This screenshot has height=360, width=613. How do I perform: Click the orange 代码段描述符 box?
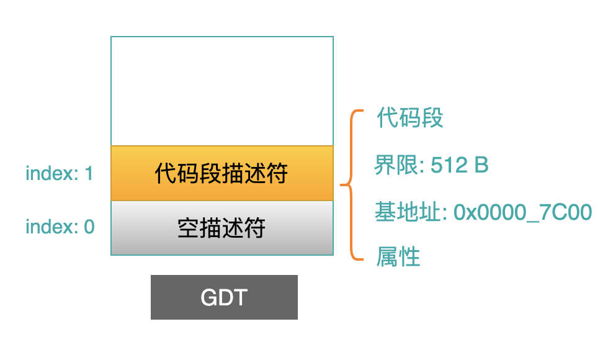[222, 173]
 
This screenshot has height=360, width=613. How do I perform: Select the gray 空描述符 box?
[222, 228]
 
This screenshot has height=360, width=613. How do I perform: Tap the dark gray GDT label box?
[224, 297]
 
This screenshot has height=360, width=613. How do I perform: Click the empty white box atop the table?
[222, 91]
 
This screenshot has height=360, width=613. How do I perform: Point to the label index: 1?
[60, 173]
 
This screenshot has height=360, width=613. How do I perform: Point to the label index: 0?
[60, 227]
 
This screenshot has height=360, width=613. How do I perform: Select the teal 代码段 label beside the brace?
[409, 117]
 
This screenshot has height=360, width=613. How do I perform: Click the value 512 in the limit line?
[449, 165]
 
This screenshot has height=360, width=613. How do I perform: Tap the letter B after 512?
[481, 165]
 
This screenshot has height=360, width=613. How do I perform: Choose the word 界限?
[396, 164]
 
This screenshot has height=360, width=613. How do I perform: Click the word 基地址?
[408, 212]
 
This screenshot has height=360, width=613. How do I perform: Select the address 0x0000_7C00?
[522, 212]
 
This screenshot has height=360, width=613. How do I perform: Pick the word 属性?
[398, 257]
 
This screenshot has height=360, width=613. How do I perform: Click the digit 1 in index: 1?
[89, 173]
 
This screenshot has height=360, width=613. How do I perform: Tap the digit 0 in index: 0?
[89, 227]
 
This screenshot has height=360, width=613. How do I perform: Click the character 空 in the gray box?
[189, 228]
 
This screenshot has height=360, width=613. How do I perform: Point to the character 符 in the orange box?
[277, 173]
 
